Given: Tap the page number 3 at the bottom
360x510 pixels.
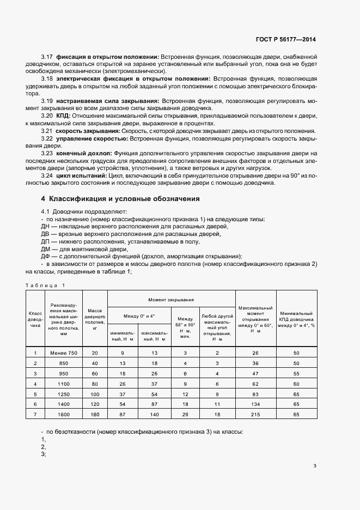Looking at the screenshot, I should [315, 465].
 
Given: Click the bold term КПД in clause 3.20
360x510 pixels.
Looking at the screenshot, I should [61, 116].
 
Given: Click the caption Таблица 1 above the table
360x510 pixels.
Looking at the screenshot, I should [45, 285].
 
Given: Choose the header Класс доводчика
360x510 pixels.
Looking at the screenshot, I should [35, 319].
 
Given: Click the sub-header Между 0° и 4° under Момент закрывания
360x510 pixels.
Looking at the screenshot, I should [139, 315].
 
